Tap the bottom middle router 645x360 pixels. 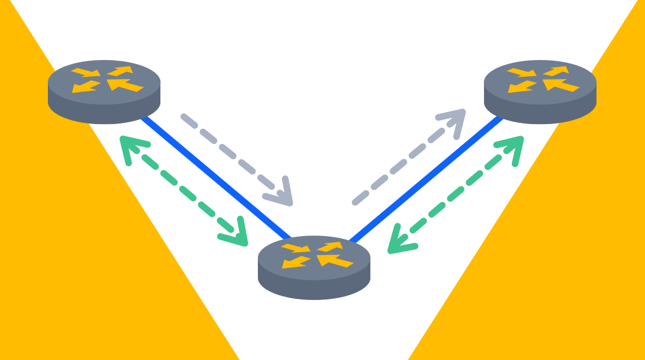(314, 268)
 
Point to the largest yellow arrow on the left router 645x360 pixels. (125, 85)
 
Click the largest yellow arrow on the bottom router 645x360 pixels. (335, 261)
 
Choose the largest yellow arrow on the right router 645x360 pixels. (561, 85)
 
